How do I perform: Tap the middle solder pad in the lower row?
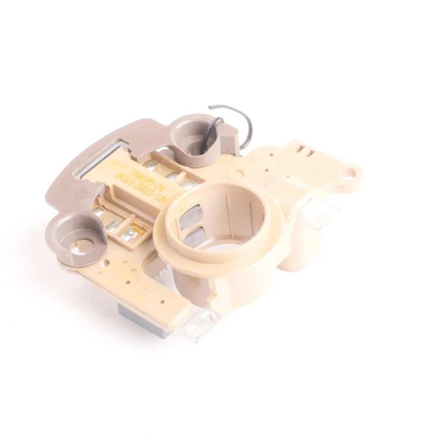coord(114,225)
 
